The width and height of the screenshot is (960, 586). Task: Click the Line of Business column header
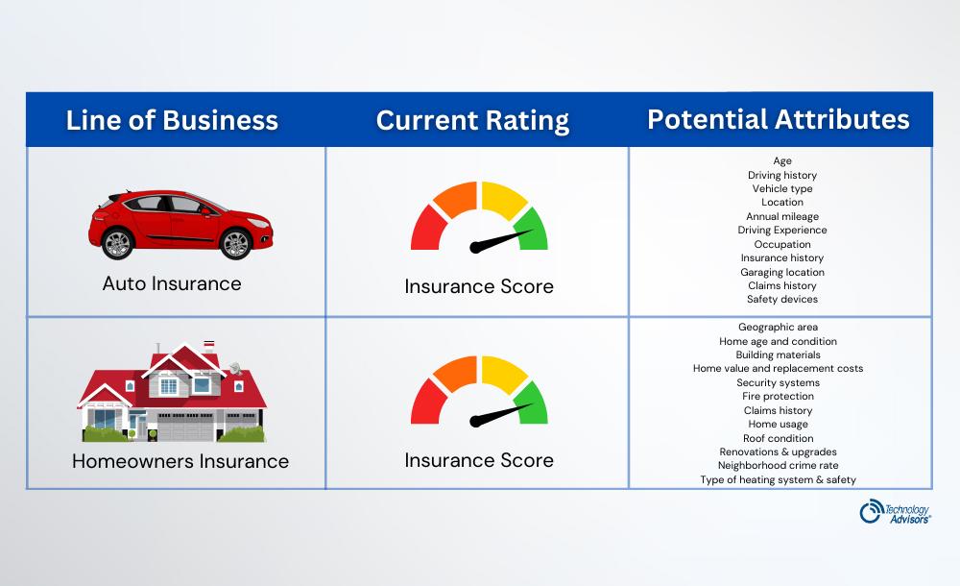pos(172,120)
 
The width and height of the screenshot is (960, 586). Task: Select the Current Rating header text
pos(472,120)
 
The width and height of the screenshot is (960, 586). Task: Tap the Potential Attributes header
pos(778,119)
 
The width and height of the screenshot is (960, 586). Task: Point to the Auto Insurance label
pos(172,283)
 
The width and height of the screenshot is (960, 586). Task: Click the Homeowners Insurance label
pos(180,461)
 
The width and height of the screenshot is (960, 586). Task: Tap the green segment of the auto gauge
pos(531,230)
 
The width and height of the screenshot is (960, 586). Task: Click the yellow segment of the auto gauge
pos(502,200)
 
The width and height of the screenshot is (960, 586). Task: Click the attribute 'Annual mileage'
pos(781,217)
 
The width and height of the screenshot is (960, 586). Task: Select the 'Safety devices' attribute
pos(781,300)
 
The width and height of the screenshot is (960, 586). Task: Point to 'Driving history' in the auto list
pos(781,176)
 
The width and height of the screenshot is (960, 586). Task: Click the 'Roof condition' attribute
pos(778,438)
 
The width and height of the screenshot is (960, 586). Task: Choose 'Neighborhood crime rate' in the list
pos(778,466)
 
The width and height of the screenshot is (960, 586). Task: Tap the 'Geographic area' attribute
pos(778,328)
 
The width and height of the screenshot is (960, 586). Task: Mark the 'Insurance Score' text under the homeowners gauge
pos(479,460)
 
